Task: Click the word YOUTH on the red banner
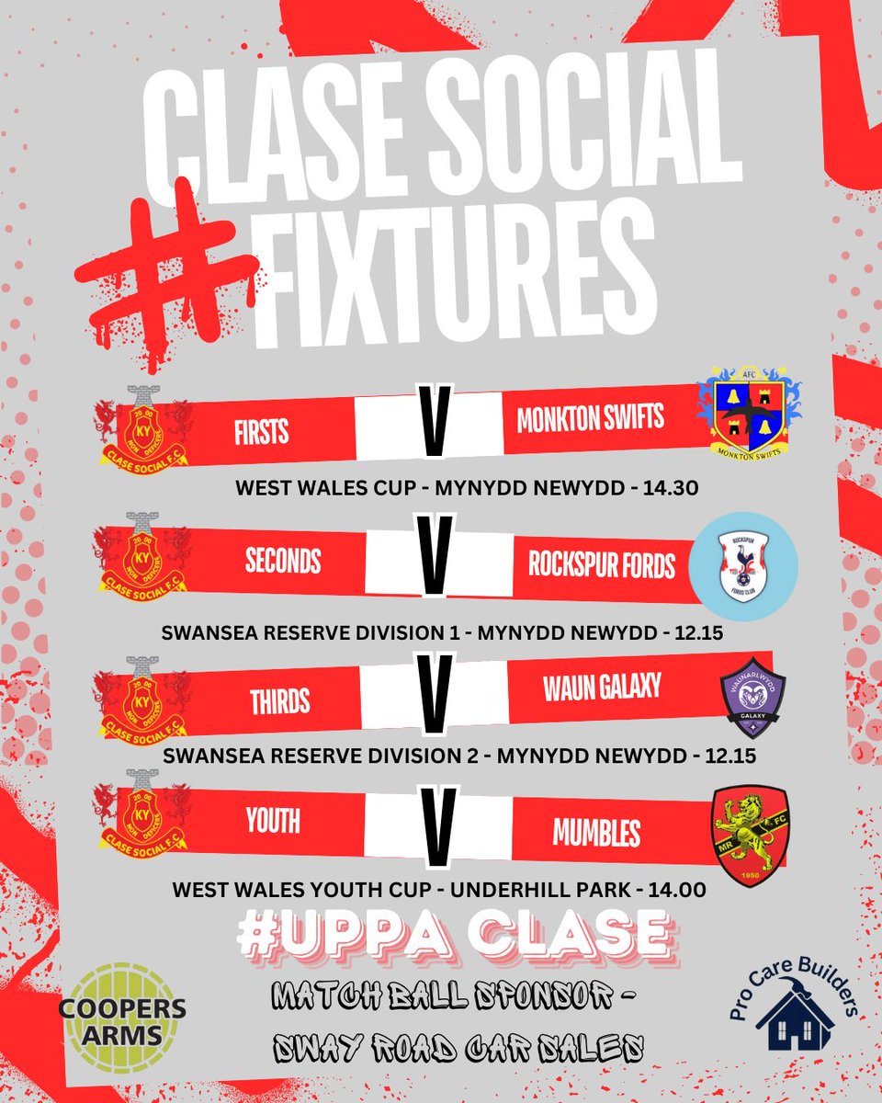[x=272, y=819]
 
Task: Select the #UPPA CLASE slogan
[x=452, y=934]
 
